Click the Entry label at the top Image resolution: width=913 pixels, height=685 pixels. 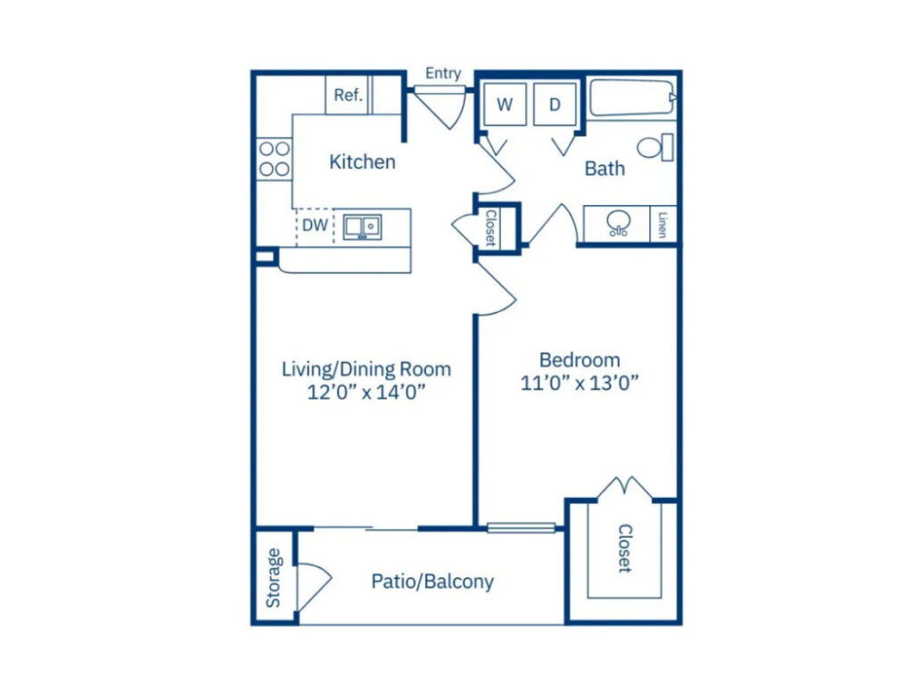[443, 73]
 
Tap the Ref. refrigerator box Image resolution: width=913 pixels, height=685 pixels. [348, 95]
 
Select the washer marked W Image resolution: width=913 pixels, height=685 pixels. [505, 104]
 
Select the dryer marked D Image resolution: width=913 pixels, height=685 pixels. [555, 104]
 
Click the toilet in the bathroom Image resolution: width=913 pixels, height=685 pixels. [656, 147]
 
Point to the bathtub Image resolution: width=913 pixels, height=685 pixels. [631, 98]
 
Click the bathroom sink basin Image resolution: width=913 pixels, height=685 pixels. [616, 222]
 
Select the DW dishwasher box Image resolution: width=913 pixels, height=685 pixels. [314, 226]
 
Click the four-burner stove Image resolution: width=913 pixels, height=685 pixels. [274, 159]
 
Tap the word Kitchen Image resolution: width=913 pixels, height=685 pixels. [362, 162]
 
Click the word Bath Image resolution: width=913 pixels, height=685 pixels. [605, 168]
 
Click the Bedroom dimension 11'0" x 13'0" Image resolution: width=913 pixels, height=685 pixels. [580, 383]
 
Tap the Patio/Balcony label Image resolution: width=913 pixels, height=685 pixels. [432, 582]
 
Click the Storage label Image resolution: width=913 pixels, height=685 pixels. [274, 578]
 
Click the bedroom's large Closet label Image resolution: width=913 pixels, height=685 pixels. [624, 548]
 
